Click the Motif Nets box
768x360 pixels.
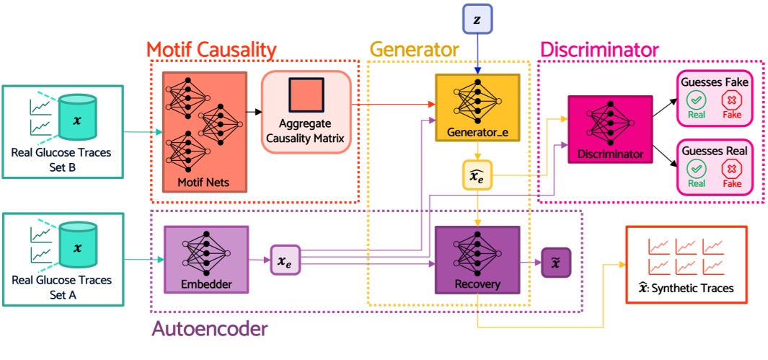tap(205, 131)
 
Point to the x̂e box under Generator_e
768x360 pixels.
tap(477, 175)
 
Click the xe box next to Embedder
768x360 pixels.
tap(284, 259)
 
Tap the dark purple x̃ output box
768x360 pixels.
tap(556, 260)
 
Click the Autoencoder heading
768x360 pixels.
tap(209, 329)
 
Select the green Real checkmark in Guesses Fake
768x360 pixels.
tap(696, 100)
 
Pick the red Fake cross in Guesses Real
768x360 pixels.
tap(732, 170)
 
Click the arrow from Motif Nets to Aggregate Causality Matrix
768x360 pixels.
tap(254, 112)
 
